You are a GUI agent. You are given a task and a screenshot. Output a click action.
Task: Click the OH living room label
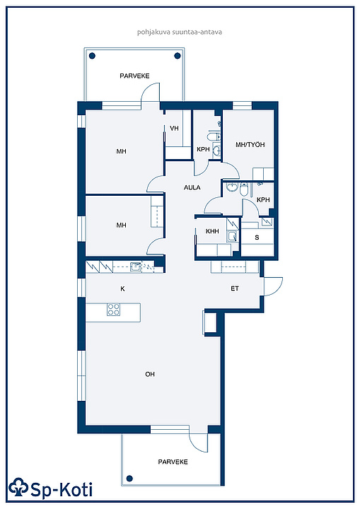pos(150,374)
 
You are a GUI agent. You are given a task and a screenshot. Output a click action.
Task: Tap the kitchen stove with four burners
pos(113,310)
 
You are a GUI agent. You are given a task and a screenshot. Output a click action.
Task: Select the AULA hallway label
pos(192,187)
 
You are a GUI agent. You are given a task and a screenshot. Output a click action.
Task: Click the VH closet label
pos(174,128)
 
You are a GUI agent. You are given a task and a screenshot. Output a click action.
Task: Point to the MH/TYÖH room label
pos(250,144)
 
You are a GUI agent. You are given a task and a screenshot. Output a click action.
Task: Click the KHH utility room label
pos(212,231)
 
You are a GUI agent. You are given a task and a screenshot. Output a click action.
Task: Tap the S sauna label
pos(257,238)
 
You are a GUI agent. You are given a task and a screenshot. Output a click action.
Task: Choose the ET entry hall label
pos(235,288)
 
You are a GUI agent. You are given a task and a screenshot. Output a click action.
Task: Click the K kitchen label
pos(122,288)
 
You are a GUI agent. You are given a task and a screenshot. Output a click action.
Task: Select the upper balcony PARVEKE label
pos(134,76)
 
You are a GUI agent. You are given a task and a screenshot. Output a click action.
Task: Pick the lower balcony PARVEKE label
pos(173,462)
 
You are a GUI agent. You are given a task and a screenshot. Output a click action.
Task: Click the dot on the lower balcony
pos(129,478)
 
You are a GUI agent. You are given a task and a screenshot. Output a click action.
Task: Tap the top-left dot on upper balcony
pos(92,56)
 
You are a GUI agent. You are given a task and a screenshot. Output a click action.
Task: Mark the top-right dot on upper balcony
pos(178,56)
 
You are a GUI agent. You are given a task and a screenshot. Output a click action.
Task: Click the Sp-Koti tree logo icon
pos(18,487)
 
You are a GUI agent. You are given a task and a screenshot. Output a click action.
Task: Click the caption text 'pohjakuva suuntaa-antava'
pos(180,32)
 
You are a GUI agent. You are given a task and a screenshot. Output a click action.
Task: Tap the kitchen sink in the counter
pos(136,267)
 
